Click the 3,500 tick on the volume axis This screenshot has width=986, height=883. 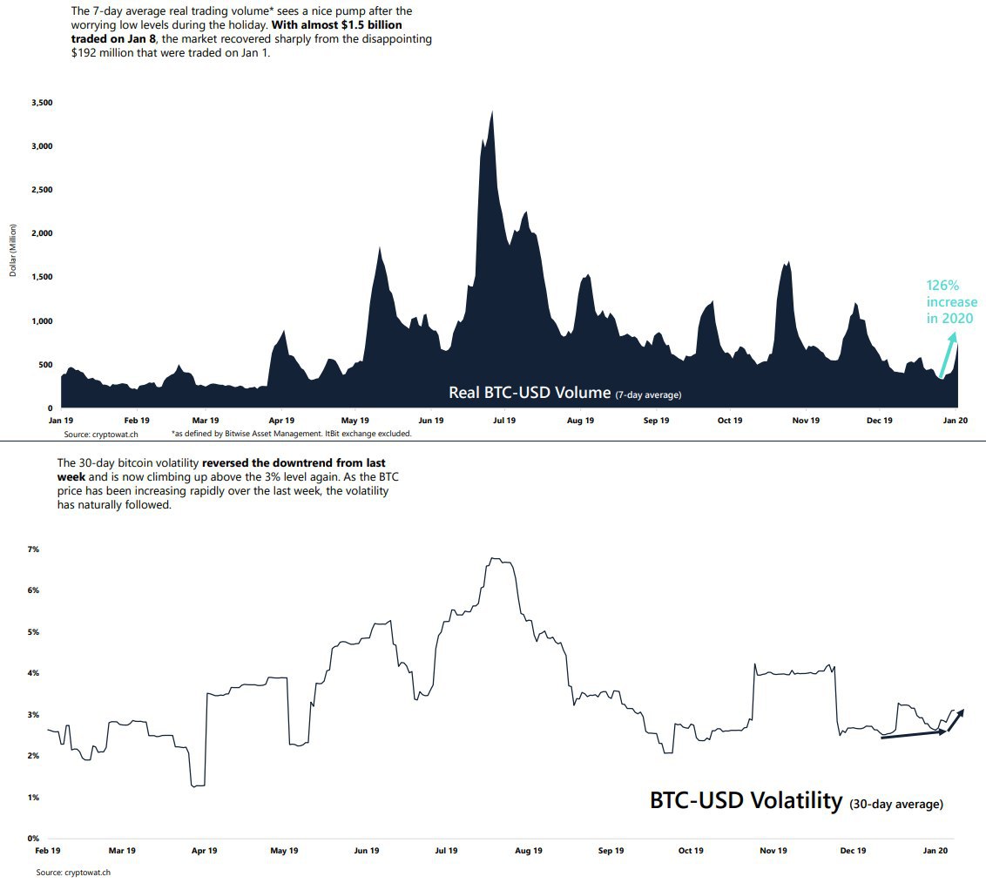[x=42, y=103]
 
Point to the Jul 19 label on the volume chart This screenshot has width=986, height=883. [x=504, y=420]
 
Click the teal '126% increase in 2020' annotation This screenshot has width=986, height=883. [x=951, y=302]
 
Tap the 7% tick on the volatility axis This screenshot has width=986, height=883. [x=34, y=549]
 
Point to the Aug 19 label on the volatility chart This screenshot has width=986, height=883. [x=529, y=850]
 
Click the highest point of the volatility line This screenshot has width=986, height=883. [x=495, y=558]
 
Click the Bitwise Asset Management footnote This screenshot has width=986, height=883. [x=291, y=433]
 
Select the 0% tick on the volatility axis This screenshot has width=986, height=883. [x=34, y=838]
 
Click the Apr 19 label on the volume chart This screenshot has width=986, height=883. [x=280, y=420]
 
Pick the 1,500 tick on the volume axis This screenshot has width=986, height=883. [x=42, y=277]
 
